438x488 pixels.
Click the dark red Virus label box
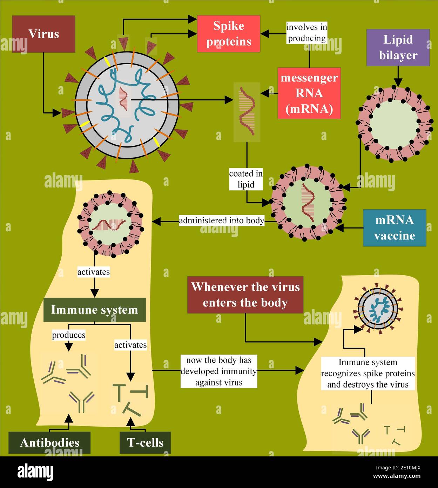pos(43,34)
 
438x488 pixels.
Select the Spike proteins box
pos(228,34)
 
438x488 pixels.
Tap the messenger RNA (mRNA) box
pos(309,93)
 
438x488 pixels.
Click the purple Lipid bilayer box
pos(398,47)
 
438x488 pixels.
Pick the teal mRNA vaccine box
pos(395,228)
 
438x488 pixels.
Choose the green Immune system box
pos(94,310)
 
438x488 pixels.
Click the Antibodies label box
pos(49,442)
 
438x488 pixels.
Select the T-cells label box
pos(145,442)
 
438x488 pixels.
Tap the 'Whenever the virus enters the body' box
pos(245,295)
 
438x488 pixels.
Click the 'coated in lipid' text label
pos(246,179)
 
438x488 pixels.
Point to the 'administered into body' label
pos(222,220)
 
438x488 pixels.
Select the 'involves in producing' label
pos(307,33)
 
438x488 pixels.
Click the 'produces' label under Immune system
pos(69,335)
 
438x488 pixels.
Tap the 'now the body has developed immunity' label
pos(219,371)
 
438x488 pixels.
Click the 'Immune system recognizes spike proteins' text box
pos(368,373)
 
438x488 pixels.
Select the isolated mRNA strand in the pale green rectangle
pos(247,112)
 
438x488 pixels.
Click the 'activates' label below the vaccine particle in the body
pos(93,272)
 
